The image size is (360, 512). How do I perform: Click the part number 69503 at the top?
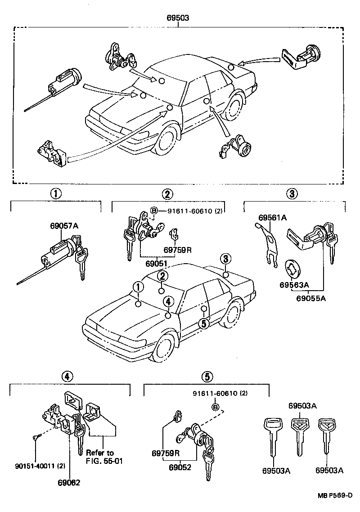tap(179, 18)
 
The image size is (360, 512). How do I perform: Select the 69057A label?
tap(64, 226)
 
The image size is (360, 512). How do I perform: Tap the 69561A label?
tap(272, 218)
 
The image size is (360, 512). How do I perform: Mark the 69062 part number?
tap(68, 482)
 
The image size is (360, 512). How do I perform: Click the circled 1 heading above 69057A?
tap(55, 194)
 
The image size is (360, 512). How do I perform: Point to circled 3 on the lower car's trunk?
tap(225, 259)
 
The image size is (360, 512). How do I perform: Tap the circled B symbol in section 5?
tap(215, 408)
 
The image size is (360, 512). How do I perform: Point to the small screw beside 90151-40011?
tap(36, 437)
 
